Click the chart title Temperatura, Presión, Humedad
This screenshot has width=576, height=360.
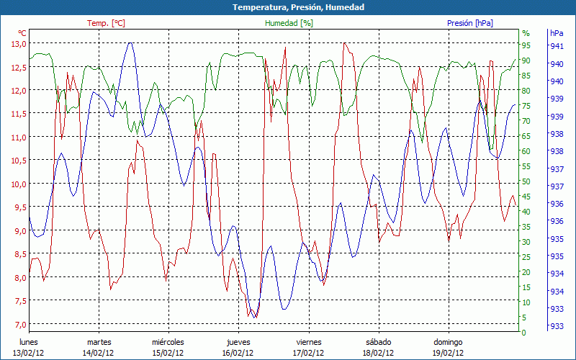click(x=288, y=7)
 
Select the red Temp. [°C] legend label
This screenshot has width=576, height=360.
click(x=107, y=23)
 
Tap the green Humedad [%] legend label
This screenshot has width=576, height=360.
click(x=289, y=23)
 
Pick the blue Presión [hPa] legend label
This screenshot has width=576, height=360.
click(x=470, y=23)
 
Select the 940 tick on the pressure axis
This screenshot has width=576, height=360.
click(x=557, y=64)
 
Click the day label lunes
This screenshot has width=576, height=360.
click(x=28, y=342)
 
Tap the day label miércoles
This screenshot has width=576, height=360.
click(x=168, y=342)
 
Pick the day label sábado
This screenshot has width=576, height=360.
click(x=378, y=342)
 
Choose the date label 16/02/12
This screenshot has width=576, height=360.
click(x=238, y=353)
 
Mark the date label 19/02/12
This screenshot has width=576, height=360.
click(x=448, y=353)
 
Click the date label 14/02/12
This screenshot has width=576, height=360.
click(x=98, y=353)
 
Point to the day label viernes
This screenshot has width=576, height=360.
click(x=307, y=342)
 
